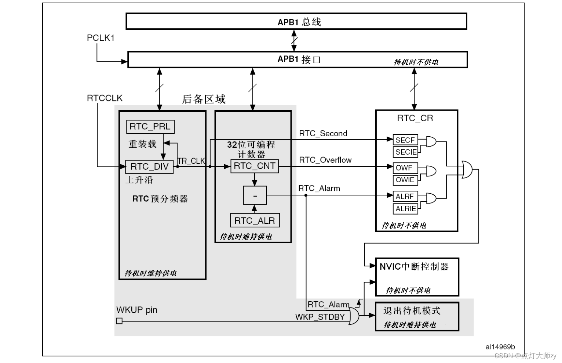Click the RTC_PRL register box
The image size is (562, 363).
pyautogui.click(x=150, y=127)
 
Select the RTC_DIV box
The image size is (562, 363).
pyautogui.click(x=149, y=167)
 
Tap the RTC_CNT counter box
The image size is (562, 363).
pyautogui.click(x=255, y=166)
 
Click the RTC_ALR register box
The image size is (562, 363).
pyautogui.click(x=255, y=220)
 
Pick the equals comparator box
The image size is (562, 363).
pyautogui.click(x=255, y=195)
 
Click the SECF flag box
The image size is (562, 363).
pyautogui.click(x=405, y=140)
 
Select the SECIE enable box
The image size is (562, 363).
pyautogui.click(x=406, y=152)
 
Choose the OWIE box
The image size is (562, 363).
pyautogui.click(x=405, y=180)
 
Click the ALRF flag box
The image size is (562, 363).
pyautogui.click(x=405, y=197)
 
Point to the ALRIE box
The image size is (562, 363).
pyautogui.click(x=406, y=209)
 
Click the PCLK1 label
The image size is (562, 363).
pyautogui.click(x=101, y=38)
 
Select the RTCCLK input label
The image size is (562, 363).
pyautogui.click(x=105, y=98)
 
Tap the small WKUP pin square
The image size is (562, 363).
pyautogui.click(x=119, y=321)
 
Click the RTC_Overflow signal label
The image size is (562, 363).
pyautogui.click(x=325, y=160)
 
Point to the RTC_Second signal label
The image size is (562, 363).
pyautogui.click(x=323, y=133)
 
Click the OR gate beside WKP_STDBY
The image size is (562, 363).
pyautogui.click(x=354, y=316)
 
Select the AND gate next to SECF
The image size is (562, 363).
pyautogui.click(x=431, y=142)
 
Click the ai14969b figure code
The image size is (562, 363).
pyautogui.click(x=500, y=347)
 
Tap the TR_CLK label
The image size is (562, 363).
pyautogui.click(x=191, y=161)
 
